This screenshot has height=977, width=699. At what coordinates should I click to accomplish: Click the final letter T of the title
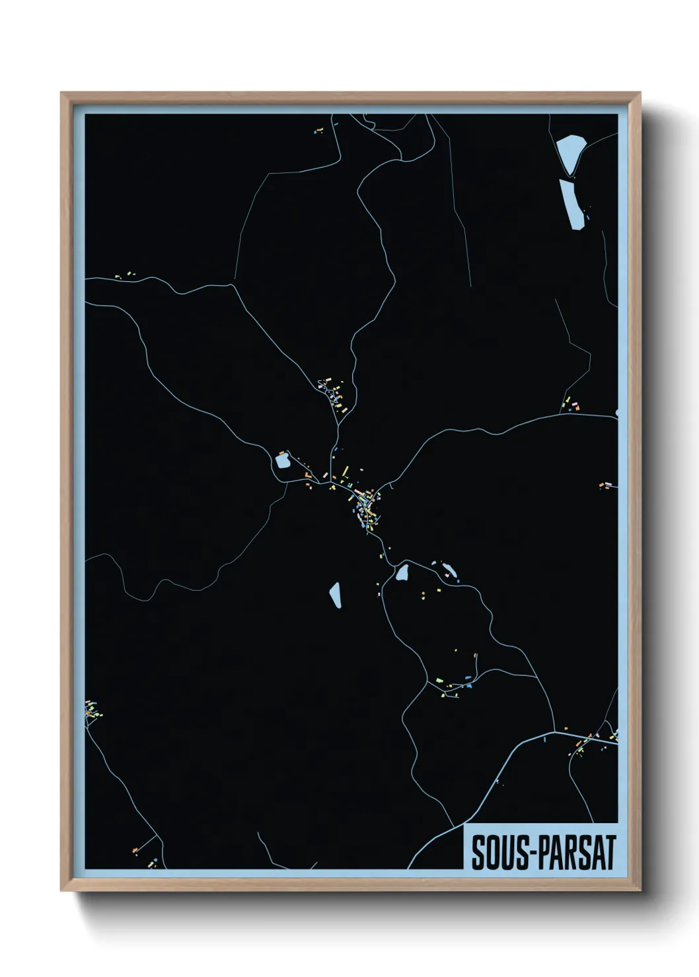click(610, 852)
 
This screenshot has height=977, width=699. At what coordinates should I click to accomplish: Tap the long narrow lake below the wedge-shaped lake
click(571, 205)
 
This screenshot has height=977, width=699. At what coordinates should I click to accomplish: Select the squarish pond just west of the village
click(283, 460)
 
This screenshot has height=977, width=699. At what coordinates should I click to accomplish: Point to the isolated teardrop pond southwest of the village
click(335, 595)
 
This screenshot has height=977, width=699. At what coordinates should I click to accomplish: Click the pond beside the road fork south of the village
click(402, 572)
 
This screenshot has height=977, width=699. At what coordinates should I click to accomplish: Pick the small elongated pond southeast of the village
click(449, 569)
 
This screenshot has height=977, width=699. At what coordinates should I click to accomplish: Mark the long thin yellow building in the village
click(345, 471)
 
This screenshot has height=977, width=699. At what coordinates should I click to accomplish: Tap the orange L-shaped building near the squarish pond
click(307, 475)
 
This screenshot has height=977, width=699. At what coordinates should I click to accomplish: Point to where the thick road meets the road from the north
click(554, 731)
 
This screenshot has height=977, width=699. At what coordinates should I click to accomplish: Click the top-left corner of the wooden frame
click(61, 93)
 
